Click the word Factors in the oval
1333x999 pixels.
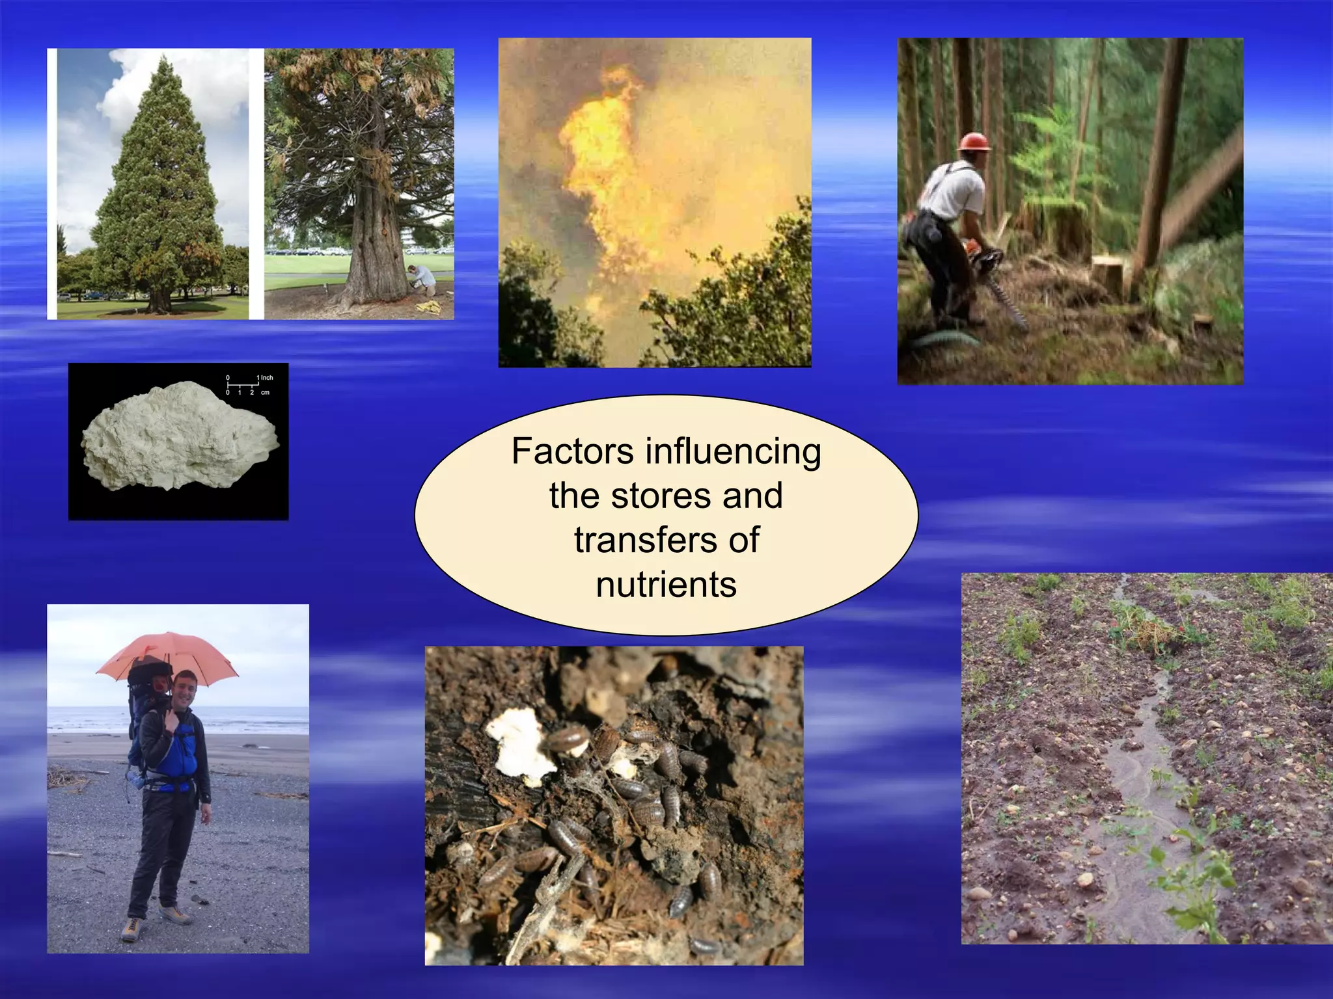[572, 451]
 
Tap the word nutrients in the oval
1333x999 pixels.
[666, 584]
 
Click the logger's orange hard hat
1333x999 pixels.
[974, 142]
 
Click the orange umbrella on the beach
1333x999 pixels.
[168, 654]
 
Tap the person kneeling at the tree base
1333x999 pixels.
[424, 280]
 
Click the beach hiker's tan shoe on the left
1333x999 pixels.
[130, 929]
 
